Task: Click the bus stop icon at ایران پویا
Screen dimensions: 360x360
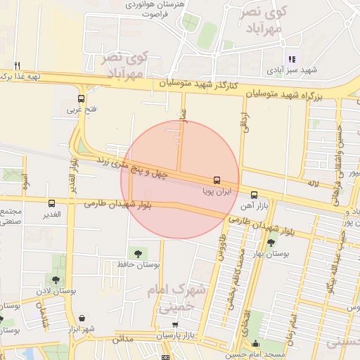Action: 216,180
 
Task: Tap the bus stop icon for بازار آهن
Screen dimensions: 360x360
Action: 254,195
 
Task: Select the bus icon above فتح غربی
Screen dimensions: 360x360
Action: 82,99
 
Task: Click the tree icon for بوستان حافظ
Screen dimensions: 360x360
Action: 138,252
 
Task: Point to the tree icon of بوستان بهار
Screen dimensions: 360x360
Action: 271,243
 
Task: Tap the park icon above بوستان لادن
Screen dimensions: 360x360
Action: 56,280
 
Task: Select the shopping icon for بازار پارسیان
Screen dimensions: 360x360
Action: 175,325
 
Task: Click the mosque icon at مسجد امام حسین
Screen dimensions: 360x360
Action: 255,344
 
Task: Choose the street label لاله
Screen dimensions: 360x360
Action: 313,184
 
